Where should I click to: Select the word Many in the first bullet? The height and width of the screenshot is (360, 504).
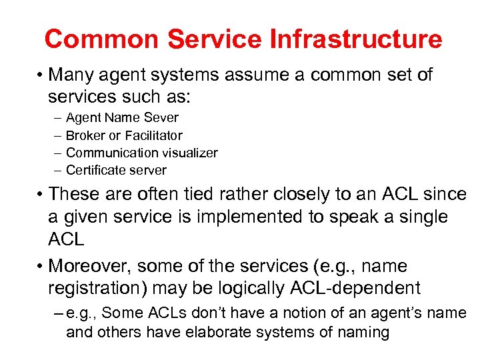(x=71, y=75)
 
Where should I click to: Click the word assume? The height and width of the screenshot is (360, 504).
(x=254, y=75)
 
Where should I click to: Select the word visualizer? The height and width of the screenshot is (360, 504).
(x=189, y=153)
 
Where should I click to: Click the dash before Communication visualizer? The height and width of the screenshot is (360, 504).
(x=57, y=153)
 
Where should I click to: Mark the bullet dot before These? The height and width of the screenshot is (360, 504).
(x=41, y=195)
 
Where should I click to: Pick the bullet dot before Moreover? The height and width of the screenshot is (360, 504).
(x=41, y=267)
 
